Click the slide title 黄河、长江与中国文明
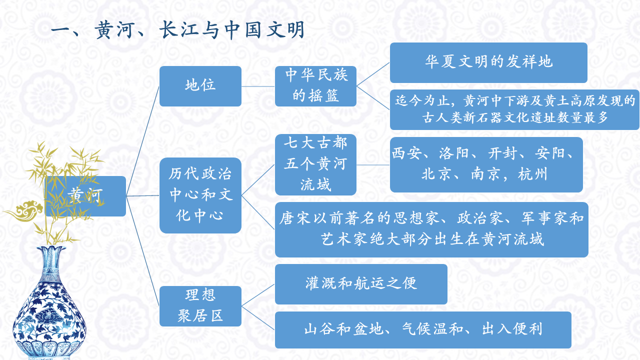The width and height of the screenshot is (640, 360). pyautogui.click(x=177, y=31)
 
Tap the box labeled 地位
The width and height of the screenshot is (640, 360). pyautogui.click(x=200, y=86)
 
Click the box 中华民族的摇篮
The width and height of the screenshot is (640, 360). pyautogui.click(x=315, y=86)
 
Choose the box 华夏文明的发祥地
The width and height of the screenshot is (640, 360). pyautogui.click(x=488, y=62)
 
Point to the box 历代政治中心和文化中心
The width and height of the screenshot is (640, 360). pyautogui.click(x=200, y=195)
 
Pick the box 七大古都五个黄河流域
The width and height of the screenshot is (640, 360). pyautogui.click(x=315, y=164)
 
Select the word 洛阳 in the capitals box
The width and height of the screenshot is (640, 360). pyautogui.click(x=454, y=153)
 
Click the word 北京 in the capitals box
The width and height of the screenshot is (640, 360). pyautogui.click(x=436, y=174)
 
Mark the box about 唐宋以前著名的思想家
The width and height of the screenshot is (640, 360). pyautogui.click(x=431, y=229)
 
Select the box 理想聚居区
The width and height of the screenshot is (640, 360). pyautogui.click(x=200, y=306)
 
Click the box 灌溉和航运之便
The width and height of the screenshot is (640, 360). pyautogui.click(x=360, y=284)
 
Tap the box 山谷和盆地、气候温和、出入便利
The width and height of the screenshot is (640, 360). pyautogui.click(x=422, y=329)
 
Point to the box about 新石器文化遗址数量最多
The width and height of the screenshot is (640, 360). pyautogui.click(x=514, y=110)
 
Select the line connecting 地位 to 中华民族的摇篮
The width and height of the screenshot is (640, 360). pyautogui.click(x=258, y=86)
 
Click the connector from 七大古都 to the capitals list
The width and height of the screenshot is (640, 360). pyautogui.click(x=373, y=164)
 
